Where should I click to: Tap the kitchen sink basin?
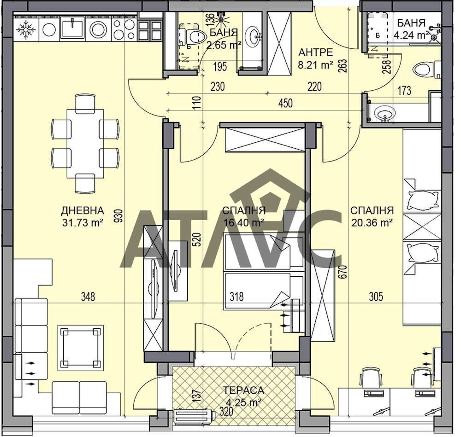pyautogui.click(x=72, y=28)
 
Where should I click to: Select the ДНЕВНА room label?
pyautogui.click(x=83, y=210)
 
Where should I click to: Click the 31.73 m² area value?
pyautogui.click(x=83, y=222)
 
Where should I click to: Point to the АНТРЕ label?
pyautogui.click(x=315, y=52)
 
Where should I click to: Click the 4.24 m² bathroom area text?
pyautogui.click(x=411, y=35)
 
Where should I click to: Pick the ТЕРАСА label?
pyautogui.click(x=243, y=390)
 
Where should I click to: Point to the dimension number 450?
pyautogui.click(x=285, y=103)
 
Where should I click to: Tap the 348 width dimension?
pyautogui.click(x=88, y=297)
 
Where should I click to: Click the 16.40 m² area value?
pyautogui.click(x=243, y=222)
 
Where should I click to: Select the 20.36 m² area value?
pyautogui.click(x=372, y=222)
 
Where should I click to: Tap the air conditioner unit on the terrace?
pyautogui.click(x=195, y=416)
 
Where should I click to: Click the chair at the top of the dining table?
pyautogui.click(x=85, y=104)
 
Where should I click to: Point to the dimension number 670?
pyautogui.click(x=344, y=272)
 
